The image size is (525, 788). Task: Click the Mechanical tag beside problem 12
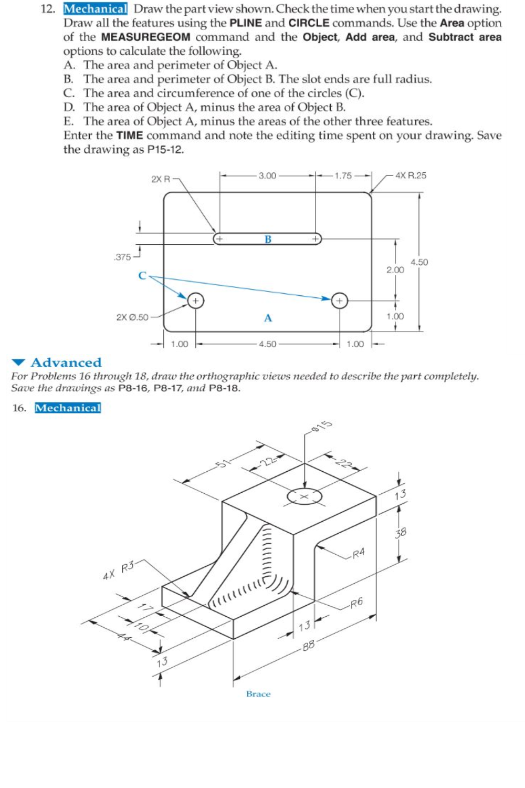96,9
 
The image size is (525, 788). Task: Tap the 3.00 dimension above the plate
267,175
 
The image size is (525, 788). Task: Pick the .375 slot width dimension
122,257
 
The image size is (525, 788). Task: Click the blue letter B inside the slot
268,240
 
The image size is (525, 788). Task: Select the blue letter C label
142,276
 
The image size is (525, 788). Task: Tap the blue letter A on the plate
268,318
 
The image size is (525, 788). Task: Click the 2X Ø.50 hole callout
132,317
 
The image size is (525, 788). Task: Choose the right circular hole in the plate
340,301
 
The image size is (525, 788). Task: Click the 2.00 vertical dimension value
395,270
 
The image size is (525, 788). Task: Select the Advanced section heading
66,362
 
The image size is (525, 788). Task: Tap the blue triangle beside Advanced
19,362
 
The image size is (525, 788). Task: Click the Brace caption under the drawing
258,694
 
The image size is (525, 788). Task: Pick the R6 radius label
356,603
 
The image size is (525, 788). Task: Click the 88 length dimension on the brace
308,646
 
